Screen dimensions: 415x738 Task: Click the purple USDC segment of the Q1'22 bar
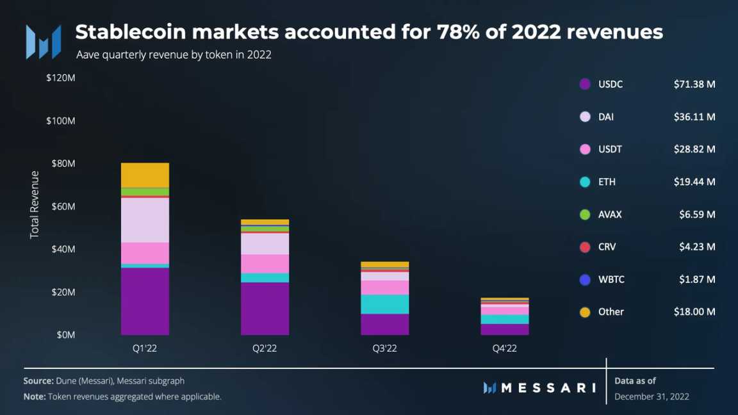coord(145,301)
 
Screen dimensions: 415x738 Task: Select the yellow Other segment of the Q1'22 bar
coord(145,175)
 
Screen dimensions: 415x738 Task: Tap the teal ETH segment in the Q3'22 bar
coord(385,304)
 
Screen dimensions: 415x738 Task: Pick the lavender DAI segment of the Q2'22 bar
coord(265,244)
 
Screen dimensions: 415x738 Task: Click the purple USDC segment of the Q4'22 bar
coord(505,329)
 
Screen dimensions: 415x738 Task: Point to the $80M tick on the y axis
coord(61,163)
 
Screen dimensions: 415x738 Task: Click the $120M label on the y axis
coord(61,78)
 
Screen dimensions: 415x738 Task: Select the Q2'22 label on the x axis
coord(265,348)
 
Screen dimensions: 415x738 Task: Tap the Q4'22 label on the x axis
coord(505,348)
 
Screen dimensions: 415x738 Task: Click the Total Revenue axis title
coord(35,205)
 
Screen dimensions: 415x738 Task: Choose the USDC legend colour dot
coord(585,85)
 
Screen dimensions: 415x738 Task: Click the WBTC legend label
coord(611,279)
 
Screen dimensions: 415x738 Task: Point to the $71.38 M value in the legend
coord(694,85)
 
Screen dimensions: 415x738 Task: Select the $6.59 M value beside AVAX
coord(697,215)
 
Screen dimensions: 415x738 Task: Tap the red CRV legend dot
coord(585,247)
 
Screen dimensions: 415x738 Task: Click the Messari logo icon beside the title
coord(44,42)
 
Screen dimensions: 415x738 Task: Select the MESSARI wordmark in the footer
coord(539,387)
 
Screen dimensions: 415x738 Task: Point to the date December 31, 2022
coord(652,396)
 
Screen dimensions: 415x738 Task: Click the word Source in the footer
coord(38,380)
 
